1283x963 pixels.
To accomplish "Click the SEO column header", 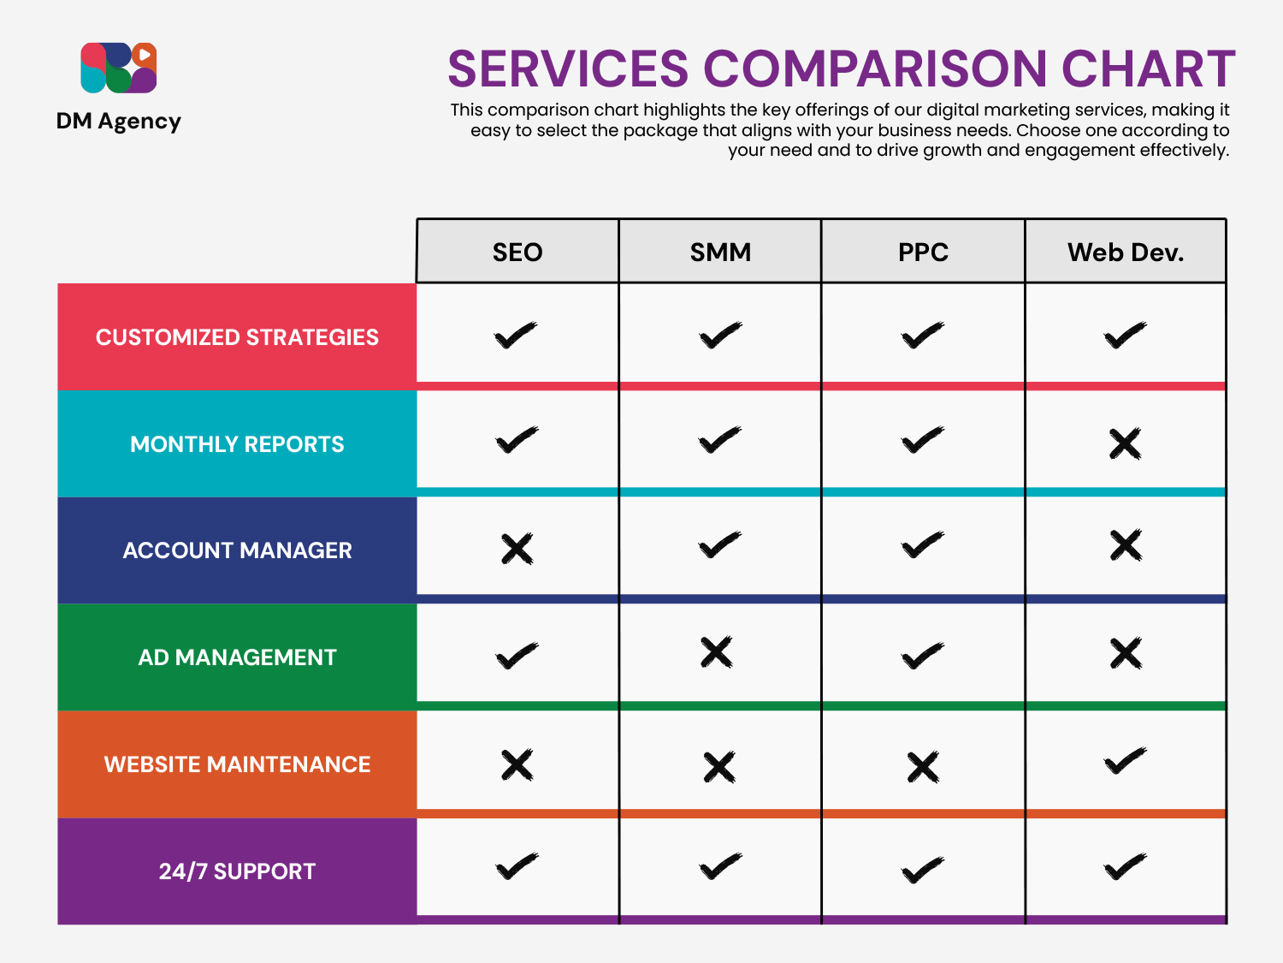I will (x=517, y=252).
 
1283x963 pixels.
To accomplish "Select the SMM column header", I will (x=720, y=252).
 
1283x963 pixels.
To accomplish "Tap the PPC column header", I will (x=923, y=252).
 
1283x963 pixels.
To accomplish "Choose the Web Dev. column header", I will (x=1126, y=252).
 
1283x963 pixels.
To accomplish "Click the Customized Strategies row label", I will (x=237, y=337).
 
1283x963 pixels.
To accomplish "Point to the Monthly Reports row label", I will (x=237, y=444).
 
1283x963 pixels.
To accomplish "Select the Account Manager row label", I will (x=237, y=550).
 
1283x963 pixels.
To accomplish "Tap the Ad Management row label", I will (x=237, y=657).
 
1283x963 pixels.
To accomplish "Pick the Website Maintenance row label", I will (x=237, y=764).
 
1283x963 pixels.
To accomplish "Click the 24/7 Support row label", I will (x=237, y=871).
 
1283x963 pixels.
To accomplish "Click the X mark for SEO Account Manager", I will (x=517, y=549).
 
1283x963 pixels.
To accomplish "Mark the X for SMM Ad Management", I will (x=717, y=652).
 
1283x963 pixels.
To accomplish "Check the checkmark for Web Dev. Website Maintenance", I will (x=1125, y=761).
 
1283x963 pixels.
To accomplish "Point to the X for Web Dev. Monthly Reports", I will (x=1125, y=443).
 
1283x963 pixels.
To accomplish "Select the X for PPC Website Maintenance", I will (x=923, y=767).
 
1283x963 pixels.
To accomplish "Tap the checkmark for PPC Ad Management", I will (x=923, y=657).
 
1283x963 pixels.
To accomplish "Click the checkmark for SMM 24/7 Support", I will (x=720, y=867).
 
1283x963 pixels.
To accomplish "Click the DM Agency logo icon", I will (x=119, y=68).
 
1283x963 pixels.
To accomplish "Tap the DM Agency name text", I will (x=119, y=122).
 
